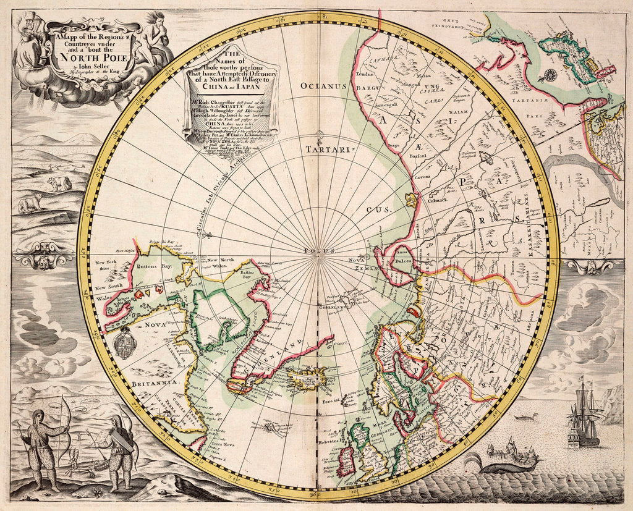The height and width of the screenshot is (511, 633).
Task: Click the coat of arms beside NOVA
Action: [124, 342]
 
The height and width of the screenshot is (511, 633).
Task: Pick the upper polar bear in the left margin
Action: [59, 183]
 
